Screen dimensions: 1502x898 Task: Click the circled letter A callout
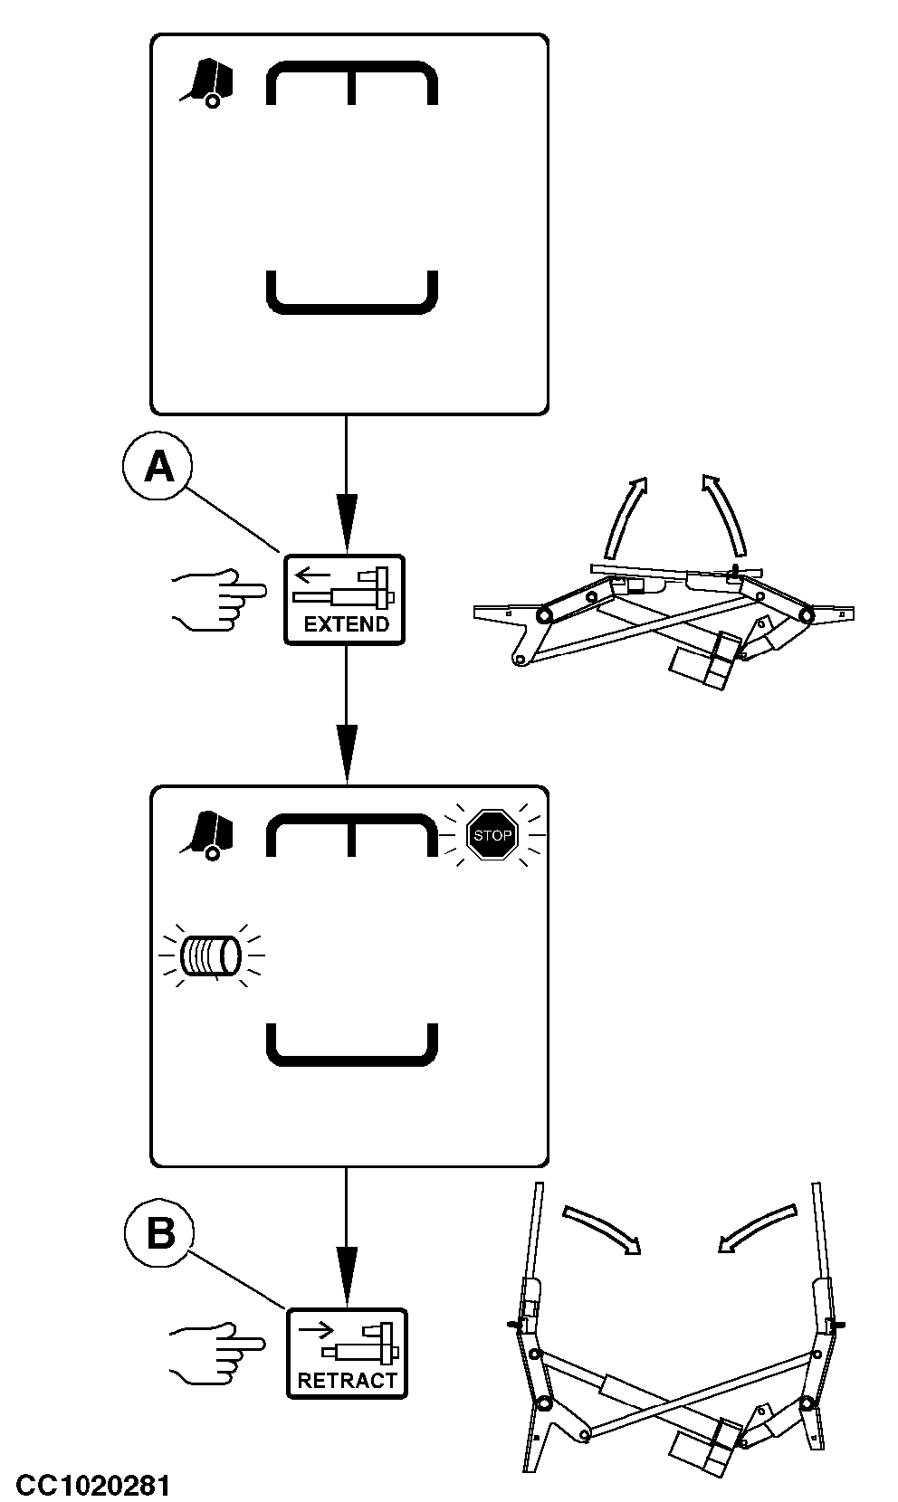click(x=158, y=467)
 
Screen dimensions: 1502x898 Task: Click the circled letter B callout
click(x=160, y=1231)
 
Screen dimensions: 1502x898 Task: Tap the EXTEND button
click(x=345, y=599)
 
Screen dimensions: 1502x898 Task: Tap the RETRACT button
click(x=347, y=1353)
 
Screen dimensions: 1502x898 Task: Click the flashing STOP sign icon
click(x=492, y=835)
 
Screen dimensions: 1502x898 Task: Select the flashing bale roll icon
click(x=210, y=955)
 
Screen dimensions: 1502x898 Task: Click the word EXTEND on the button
click(x=346, y=624)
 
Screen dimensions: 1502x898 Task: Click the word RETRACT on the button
click(x=348, y=1380)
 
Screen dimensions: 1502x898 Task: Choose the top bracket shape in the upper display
click(x=352, y=81)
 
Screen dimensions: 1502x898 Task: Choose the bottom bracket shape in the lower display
click(x=352, y=1048)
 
